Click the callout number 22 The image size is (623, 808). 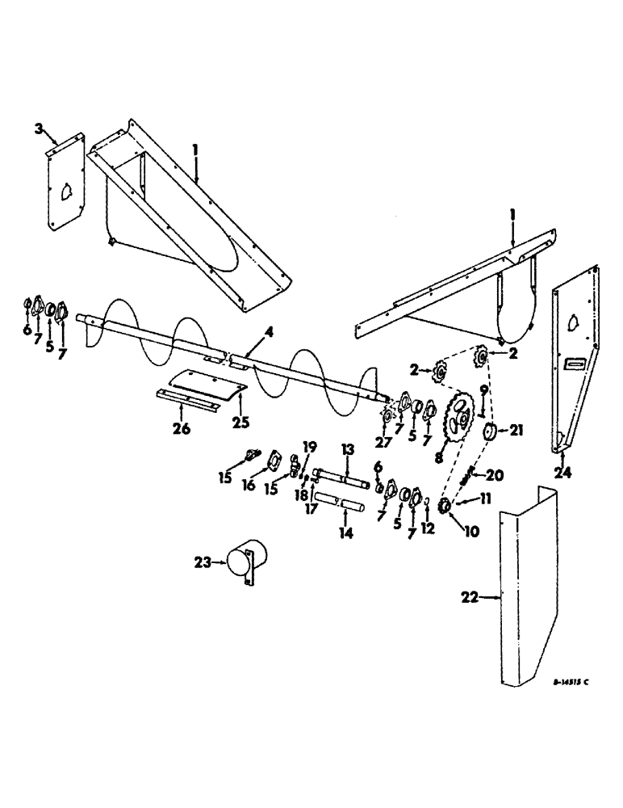click(466, 598)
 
